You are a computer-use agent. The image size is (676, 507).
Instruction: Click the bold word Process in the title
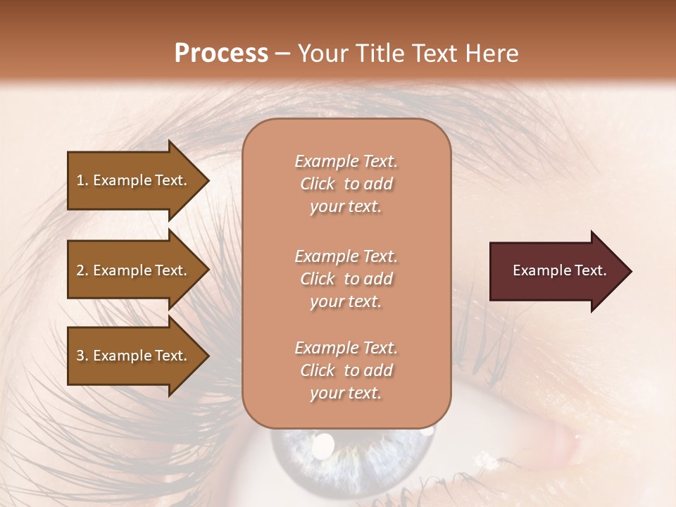click(221, 54)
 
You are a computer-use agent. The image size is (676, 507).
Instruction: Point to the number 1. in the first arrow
click(82, 180)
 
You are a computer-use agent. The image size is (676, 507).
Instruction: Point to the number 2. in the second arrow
click(82, 270)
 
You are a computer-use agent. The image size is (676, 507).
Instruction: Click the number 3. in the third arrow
click(82, 356)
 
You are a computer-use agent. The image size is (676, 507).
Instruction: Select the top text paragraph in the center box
click(346, 184)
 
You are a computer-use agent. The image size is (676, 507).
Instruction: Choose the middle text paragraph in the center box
click(346, 279)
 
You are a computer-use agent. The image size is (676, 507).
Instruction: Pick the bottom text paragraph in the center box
click(346, 370)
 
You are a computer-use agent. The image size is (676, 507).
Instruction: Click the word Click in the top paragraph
click(318, 184)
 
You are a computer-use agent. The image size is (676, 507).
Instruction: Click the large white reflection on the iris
click(323, 444)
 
